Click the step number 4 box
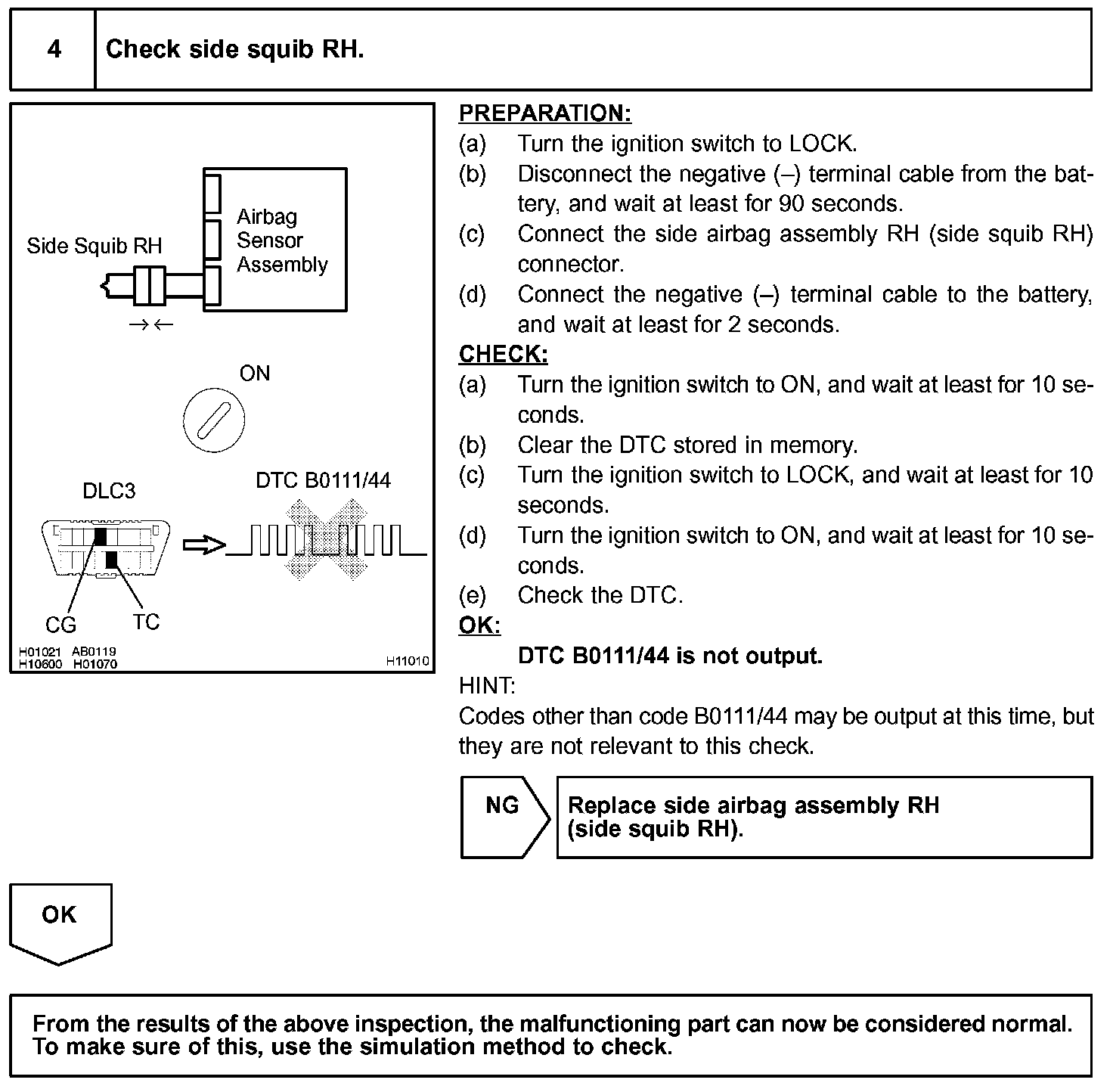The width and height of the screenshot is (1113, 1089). (53, 50)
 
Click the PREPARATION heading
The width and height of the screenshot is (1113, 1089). (544, 113)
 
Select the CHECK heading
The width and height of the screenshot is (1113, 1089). (503, 355)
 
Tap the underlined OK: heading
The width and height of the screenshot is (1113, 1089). (479, 625)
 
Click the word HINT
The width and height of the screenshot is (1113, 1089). (486, 686)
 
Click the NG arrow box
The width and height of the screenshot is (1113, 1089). (504, 817)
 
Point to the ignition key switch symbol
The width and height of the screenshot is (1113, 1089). (214, 420)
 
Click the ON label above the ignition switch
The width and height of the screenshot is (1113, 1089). (255, 374)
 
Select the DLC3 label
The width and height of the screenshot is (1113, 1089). (109, 492)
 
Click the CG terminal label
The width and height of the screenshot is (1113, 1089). (60, 625)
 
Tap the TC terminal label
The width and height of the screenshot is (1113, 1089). (146, 622)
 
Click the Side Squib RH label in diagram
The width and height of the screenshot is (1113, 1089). (94, 247)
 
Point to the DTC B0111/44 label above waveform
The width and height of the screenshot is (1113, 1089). (323, 481)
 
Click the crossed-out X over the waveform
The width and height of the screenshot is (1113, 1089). (325, 539)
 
